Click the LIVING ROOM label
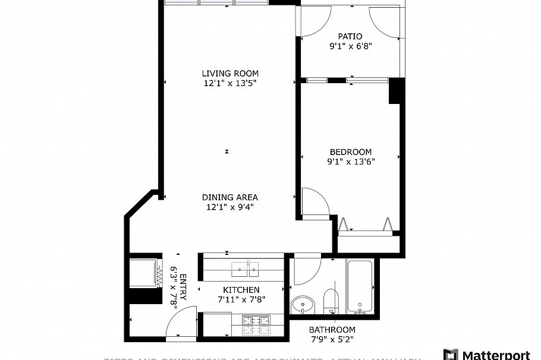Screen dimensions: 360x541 pyautogui.click(x=230, y=74)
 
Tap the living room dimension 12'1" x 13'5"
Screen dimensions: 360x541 pyautogui.click(x=230, y=84)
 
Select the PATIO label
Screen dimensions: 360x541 pyautogui.click(x=350, y=36)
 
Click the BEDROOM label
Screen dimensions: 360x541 pyautogui.click(x=350, y=151)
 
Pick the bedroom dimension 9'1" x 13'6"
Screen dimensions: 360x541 pyautogui.click(x=350, y=161)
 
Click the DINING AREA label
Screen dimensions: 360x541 pyautogui.click(x=230, y=197)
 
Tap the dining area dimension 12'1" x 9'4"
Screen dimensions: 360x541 pyautogui.click(x=230, y=207)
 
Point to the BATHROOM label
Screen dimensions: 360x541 pyautogui.click(x=332, y=330)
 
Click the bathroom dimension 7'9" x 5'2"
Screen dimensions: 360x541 pyautogui.click(x=332, y=339)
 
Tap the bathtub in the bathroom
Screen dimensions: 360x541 pyautogui.click(x=360, y=286)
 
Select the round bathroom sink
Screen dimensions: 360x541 pyautogui.click(x=303, y=305)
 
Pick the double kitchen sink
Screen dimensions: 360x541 pyautogui.click(x=246, y=269)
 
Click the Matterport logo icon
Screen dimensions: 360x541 pyautogui.click(x=451, y=355)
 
